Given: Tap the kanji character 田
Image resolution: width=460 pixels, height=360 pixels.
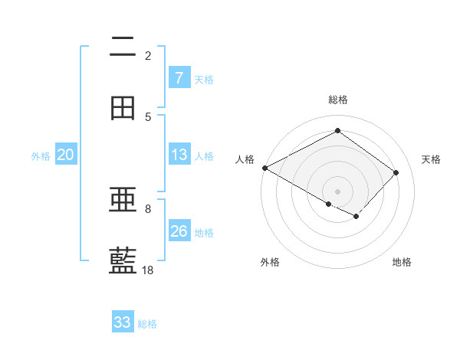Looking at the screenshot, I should pyautogui.click(x=123, y=108).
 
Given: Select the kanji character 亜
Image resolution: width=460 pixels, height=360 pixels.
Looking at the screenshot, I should pyautogui.click(x=123, y=200).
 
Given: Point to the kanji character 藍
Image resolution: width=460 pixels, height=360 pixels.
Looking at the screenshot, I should pyautogui.click(x=123, y=261).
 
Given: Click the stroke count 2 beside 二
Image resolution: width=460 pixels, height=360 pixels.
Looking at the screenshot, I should pyautogui.click(x=148, y=55).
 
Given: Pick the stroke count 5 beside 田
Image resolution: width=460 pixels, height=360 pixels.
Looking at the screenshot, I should pyautogui.click(x=148, y=116).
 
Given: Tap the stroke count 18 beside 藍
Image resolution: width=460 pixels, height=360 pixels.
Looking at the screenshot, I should pyautogui.click(x=148, y=270).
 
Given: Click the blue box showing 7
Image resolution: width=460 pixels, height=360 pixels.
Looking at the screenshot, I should pyautogui.click(x=179, y=77).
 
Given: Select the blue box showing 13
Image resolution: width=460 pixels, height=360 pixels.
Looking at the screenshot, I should pyautogui.click(x=179, y=155).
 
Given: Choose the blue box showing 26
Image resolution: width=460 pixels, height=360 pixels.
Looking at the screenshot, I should pyautogui.click(x=179, y=231).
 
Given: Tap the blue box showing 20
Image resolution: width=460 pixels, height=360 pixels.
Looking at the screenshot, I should pyautogui.click(x=65, y=155).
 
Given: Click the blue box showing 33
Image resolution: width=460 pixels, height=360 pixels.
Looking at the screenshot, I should pyautogui.click(x=123, y=322).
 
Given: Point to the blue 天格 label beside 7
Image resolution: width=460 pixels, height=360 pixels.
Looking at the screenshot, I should pyautogui.click(x=204, y=79).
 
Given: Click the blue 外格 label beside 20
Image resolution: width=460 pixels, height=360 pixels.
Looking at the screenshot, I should pyautogui.click(x=41, y=156).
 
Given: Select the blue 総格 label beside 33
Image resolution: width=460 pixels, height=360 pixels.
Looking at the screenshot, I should pyautogui.click(x=147, y=324).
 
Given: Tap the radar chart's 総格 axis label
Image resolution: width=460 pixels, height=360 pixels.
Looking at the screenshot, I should pyautogui.click(x=337, y=100).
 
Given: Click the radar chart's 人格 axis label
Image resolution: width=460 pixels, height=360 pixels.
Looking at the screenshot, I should pyautogui.click(x=245, y=159).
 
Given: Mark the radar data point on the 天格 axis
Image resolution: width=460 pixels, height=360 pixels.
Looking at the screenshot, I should pyautogui.click(x=396, y=172).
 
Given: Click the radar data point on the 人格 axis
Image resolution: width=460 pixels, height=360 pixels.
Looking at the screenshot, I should pyautogui.click(x=264, y=168).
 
